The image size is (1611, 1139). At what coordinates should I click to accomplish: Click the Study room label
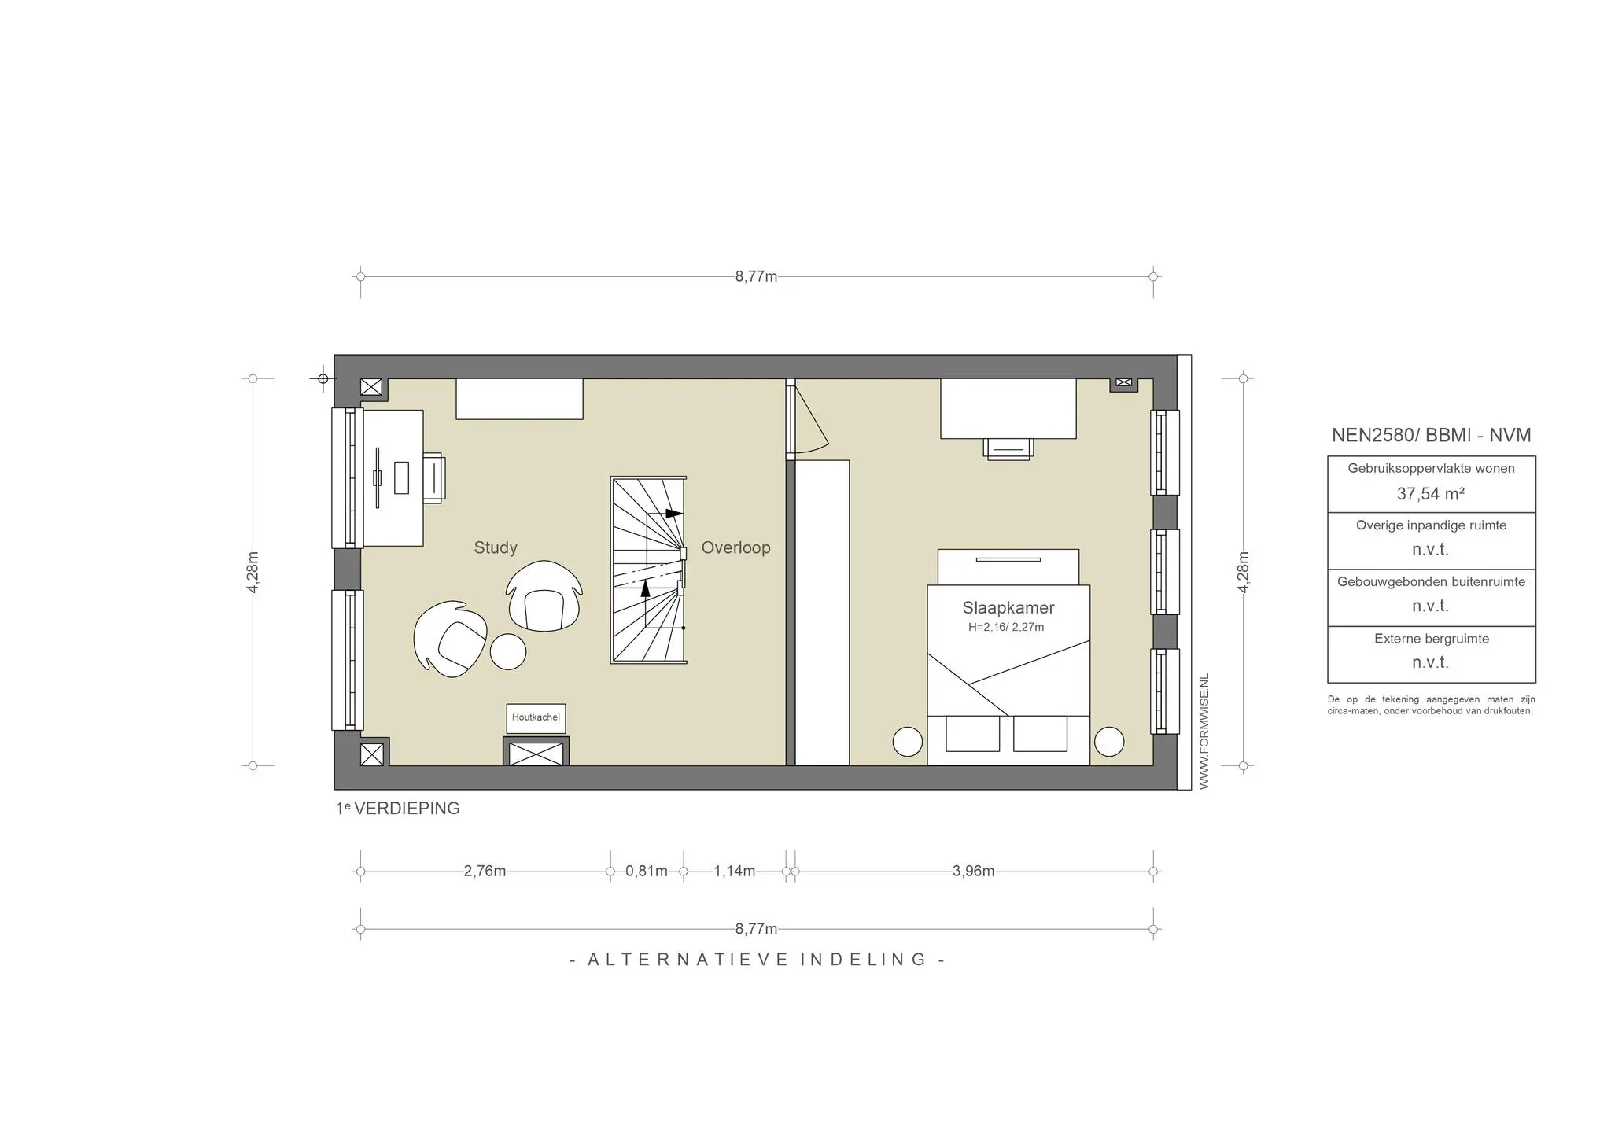[496, 548]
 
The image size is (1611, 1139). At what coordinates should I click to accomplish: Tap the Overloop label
[735, 548]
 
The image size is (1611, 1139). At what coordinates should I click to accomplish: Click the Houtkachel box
[536, 718]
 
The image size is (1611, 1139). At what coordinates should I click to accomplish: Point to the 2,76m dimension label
[485, 872]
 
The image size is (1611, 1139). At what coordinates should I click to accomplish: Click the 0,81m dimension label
[647, 872]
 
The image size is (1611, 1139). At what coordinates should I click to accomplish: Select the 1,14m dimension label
[735, 872]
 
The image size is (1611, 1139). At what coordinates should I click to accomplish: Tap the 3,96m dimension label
[974, 872]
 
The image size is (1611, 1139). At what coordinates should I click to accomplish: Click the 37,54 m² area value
[1431, 494]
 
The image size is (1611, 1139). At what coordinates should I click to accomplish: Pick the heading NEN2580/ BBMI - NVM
[1432, 436]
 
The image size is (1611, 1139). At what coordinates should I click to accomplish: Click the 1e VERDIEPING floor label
[397, 809]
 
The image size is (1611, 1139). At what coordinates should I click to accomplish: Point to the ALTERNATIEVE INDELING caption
[757, 960]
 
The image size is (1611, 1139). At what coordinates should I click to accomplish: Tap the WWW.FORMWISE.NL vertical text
[1204, 731]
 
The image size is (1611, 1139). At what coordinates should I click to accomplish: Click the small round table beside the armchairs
[508, 651]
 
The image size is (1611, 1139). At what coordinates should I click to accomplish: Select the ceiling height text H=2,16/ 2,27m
[1006, 628]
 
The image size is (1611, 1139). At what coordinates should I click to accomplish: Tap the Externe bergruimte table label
[1432, 639]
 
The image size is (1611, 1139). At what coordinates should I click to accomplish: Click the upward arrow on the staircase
[646, 588]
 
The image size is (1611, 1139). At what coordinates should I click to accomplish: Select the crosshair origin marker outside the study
[323, 379]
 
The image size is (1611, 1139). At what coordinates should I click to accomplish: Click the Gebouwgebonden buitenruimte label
[1432, 582]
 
